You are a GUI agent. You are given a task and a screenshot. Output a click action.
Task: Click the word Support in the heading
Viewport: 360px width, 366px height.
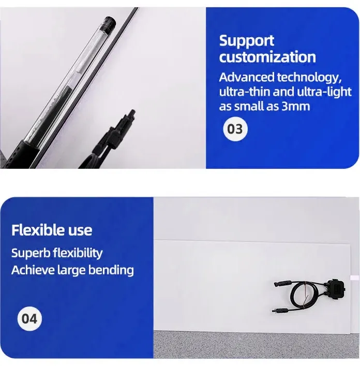[x=247, y=41]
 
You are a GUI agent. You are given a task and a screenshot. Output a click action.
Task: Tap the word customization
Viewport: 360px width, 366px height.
[x=267, y=57]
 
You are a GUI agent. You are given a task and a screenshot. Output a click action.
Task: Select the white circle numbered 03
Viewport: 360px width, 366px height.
[x=235, y=129]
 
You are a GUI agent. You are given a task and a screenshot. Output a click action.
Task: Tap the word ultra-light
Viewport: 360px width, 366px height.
[x=326, y=92]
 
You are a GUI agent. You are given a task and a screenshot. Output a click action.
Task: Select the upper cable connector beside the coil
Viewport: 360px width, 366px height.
[x=282, y=283]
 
